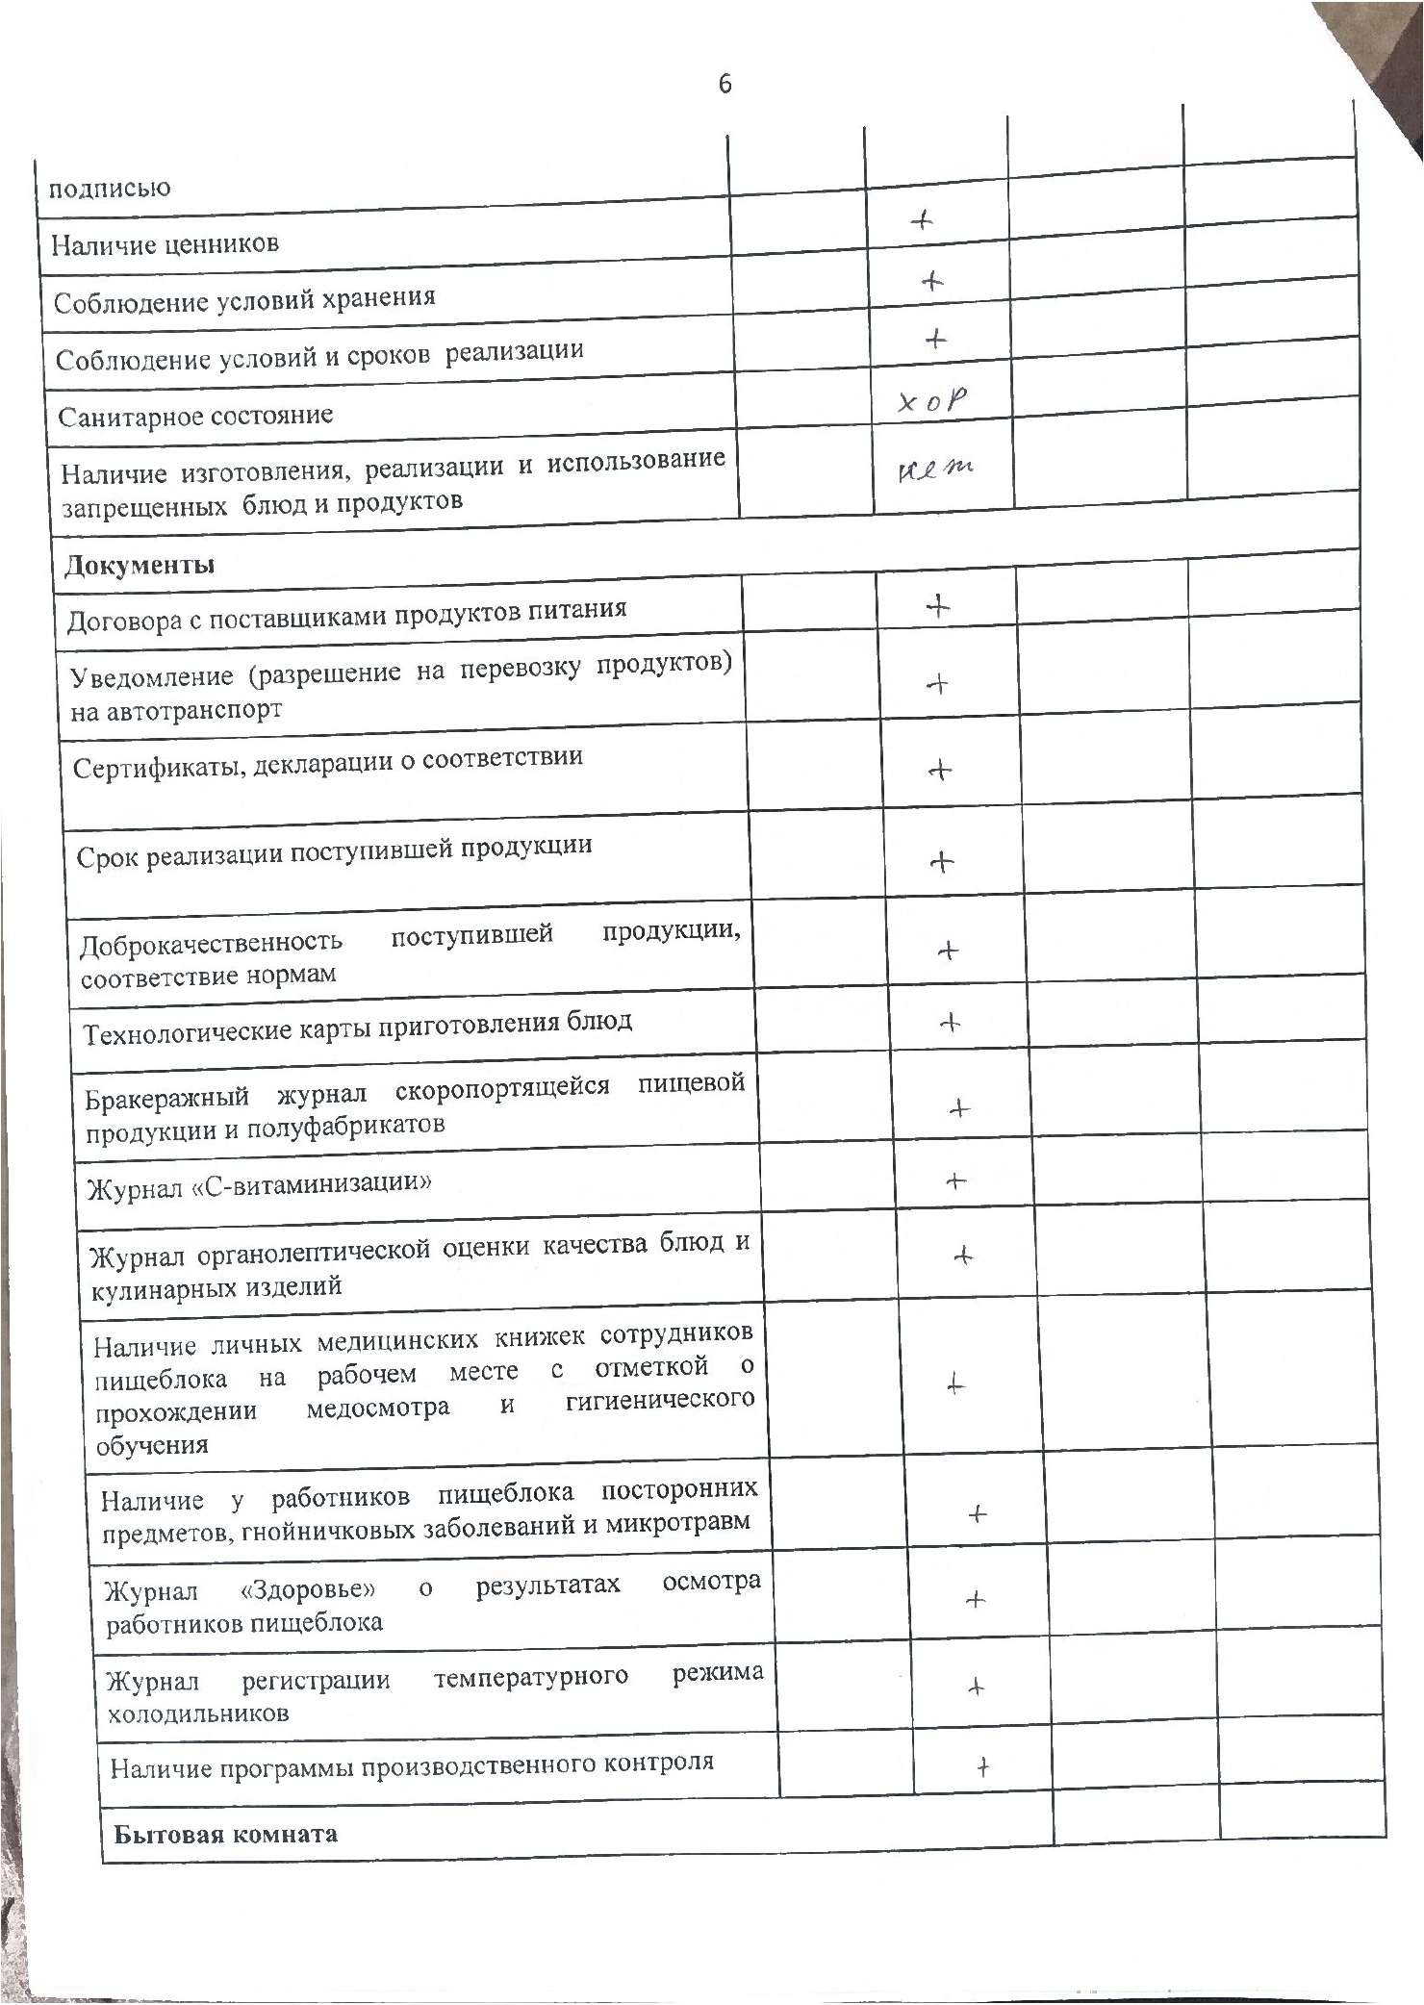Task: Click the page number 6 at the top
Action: point(725,84)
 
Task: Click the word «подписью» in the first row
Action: point(110,187)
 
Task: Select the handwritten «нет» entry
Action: point(934,470)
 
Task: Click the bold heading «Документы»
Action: point(140,565)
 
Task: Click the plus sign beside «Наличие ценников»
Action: point(923,221)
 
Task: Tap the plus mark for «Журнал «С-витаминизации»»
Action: point(955,1180)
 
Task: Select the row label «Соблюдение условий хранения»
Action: point(244,300)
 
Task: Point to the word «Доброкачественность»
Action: point(211,945)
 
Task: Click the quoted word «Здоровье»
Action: point(307,1587)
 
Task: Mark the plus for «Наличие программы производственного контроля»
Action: point(982,1766)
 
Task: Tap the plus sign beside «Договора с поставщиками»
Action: point(937,606)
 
